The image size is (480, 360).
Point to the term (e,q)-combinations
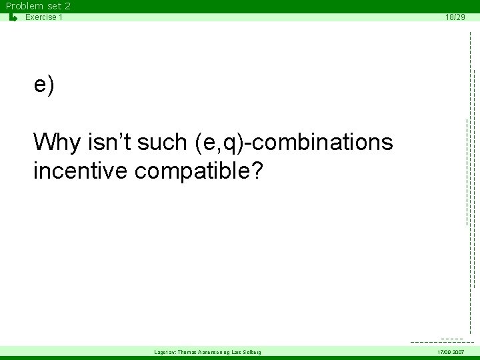(294, 142)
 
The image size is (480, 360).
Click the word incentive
(81, 171)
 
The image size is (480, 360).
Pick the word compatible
(191, 171)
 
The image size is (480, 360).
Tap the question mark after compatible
(257, 171)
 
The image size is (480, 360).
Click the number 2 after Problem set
(67, 6)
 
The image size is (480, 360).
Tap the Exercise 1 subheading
(44, 17)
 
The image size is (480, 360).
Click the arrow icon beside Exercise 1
(13, 17)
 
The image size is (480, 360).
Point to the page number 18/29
(455, 17)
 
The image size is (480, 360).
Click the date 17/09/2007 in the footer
(451, 351)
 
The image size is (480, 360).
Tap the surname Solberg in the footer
(250, 351)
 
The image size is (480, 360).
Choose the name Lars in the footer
(233, 351)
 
